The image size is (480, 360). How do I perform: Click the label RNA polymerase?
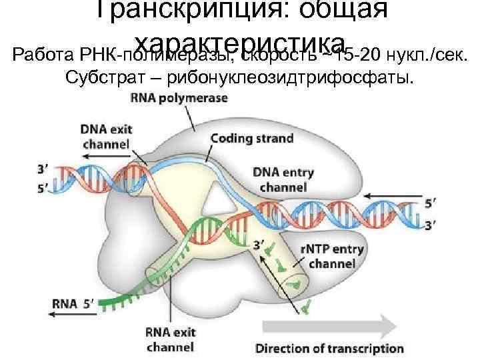(178, 98)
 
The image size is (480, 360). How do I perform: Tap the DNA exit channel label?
(105, 135)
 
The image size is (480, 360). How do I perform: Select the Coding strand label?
(251, 139)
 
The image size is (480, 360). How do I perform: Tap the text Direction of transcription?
(329, 348)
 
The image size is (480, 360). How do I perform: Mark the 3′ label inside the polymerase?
(259, 247)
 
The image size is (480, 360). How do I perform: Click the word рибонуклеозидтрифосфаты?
(290, 79)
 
